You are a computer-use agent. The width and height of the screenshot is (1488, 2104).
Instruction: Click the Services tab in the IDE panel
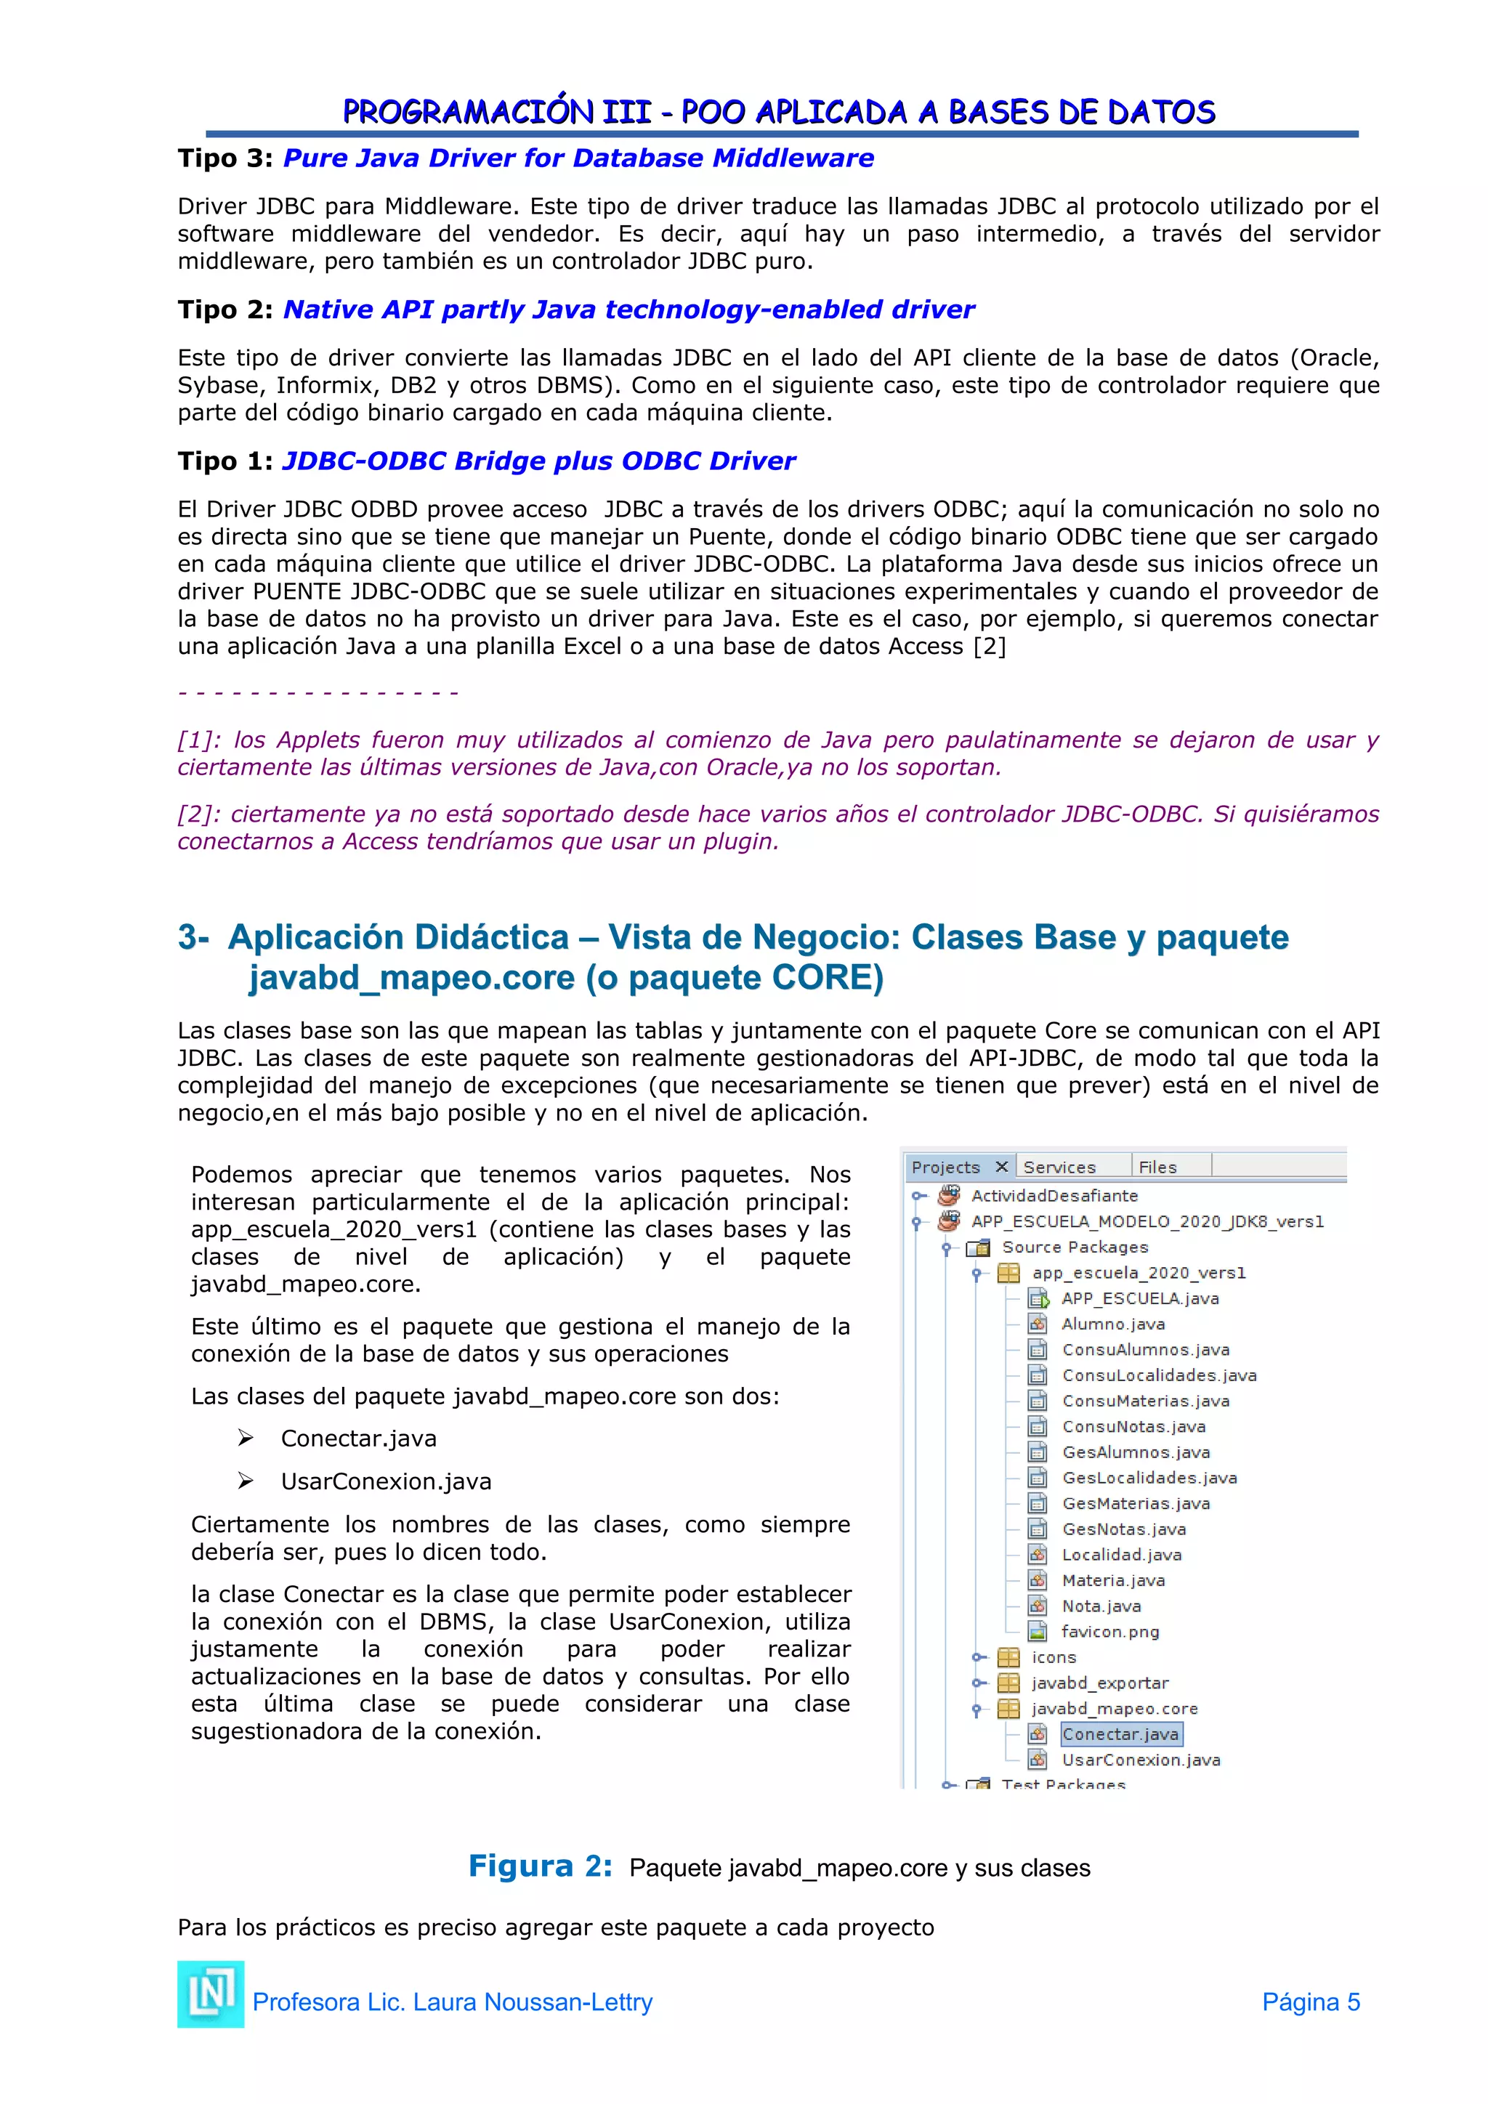[1059, 1167]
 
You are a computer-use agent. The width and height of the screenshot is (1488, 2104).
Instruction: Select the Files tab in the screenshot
[1157, 1167]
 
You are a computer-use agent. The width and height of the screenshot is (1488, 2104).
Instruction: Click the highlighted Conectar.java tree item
[1120, 1733]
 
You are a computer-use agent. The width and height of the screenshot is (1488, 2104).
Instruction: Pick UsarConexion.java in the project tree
[1140, 1760]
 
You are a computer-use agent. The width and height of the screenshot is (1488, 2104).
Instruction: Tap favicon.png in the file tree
[1109, 1631]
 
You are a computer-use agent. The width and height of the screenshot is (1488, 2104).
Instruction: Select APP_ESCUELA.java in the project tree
[1139, 1298]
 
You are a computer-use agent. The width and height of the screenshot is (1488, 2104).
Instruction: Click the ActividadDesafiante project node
[1054, 1195]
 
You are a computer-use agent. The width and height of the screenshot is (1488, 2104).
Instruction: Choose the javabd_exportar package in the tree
[1099, 1683]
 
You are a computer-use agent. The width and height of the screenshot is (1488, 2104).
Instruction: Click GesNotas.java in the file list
[1123, 1529]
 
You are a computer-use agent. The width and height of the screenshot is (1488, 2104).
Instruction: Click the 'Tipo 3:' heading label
[225, 158]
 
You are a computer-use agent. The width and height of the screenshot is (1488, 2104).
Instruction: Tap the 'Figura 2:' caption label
[540, 1866]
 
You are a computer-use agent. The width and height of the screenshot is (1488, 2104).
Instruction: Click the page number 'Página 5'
[1310, 2002]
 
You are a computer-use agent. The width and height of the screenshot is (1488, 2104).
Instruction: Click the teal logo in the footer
[211, 1994]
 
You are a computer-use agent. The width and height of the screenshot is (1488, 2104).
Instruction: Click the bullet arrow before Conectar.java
[246, 1438]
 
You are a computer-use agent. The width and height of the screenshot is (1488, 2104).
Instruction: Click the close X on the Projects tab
[1001, 1167]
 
